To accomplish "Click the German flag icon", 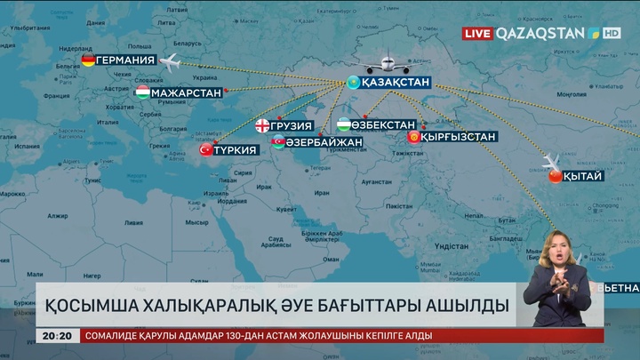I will (88, 60).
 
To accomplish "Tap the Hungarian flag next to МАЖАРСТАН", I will (142, 92).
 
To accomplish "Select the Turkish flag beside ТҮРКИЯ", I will (207, 150).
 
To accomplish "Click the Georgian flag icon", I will (263, 125).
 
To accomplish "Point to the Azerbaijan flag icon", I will (278, 142).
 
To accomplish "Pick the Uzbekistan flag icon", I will (342, 124).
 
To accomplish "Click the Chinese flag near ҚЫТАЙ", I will (556, 176).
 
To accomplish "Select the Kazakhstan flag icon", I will (352, 83).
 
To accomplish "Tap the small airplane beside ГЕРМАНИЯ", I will (169, 61).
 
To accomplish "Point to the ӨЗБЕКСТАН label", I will (383, 124).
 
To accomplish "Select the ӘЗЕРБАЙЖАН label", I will (324, 142).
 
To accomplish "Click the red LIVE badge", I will (477, 33).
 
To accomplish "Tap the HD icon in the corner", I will (612, 33).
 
